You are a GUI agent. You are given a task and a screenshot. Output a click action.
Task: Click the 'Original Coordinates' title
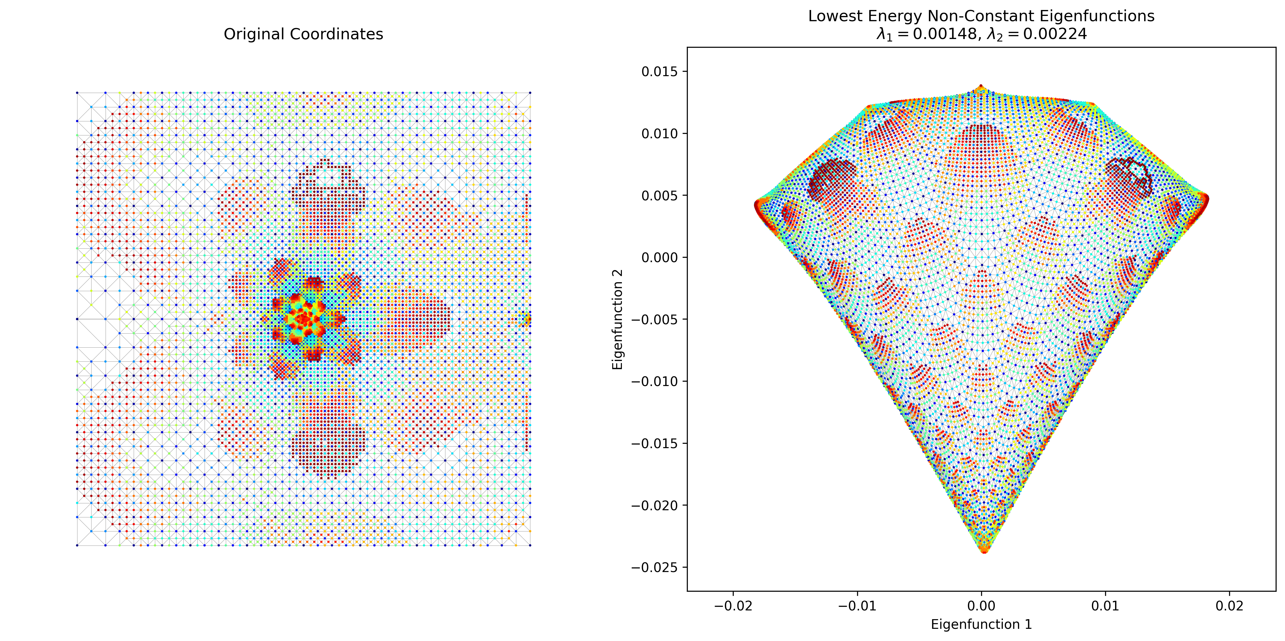click(x=303, y=34)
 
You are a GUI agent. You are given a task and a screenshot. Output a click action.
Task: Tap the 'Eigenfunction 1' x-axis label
click(x=981, y=624)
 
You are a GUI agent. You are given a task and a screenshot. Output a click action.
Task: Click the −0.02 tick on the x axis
click(x=733, y=606)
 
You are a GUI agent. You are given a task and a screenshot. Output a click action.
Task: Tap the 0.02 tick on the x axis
click(x=1230, y=606)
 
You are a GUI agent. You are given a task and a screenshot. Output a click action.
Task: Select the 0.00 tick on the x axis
click(x=981, y=606)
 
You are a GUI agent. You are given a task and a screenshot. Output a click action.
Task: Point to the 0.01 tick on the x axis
click(x=1105, y=606)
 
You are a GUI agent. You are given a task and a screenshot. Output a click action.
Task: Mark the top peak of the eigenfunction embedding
click(x=981, y=86)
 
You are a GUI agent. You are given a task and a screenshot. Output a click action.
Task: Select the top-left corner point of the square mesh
click(x=77, y=93)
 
